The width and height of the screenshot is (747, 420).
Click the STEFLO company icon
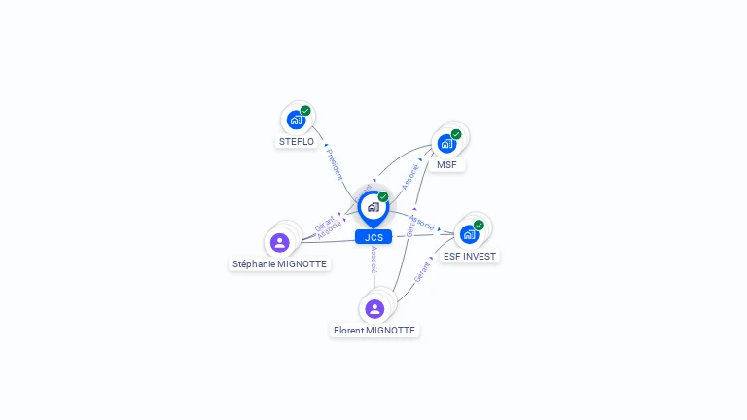(x=296, y=121)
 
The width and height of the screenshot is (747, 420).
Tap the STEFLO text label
(x=297, y=142)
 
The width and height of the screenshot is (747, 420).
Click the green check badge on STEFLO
(x=305, y=111)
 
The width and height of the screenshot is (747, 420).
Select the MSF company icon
(x=446, y=144)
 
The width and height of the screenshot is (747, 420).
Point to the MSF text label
(x=446, y=165)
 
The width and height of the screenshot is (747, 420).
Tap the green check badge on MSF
(x=456, y=134)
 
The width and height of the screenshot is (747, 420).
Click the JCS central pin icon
(x=373, y=207)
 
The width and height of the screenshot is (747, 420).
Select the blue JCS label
(x=373, y=237)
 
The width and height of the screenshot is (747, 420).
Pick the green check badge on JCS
(x=383, y=196)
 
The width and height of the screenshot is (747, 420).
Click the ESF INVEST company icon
(x=469, y=234)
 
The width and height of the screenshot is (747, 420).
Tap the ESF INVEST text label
(x=469, y=257)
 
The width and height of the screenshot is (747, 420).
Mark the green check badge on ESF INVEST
(x=479, y=225)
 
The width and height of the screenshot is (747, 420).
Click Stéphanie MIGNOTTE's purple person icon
(x=280, y=242)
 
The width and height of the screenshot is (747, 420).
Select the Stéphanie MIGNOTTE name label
(x=280, y=263)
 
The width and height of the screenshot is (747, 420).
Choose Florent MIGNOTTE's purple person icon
(x=374, y=309)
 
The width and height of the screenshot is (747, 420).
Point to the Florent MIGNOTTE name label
(x=374, y=331)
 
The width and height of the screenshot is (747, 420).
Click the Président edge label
(x=335, y=163)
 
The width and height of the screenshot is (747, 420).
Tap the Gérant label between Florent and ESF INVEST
(x=422, y=272)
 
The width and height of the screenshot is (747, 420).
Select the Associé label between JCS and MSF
(x=410, y=176)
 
